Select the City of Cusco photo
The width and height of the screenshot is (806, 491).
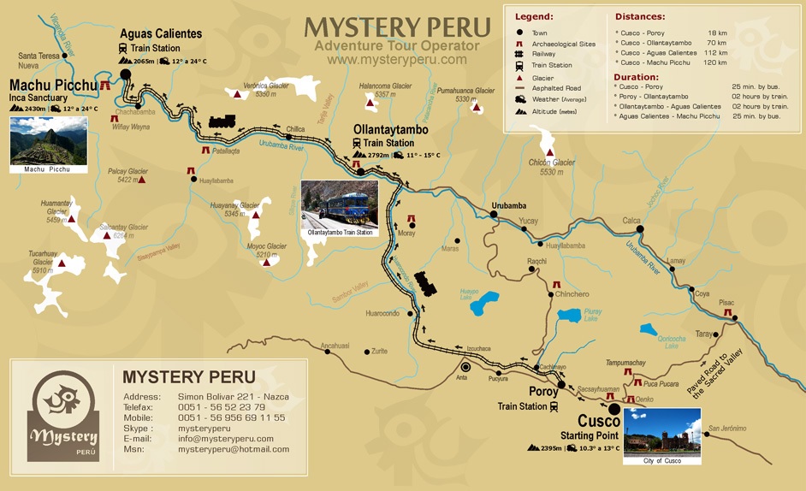[661, 431]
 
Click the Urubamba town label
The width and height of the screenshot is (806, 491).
[509, 205]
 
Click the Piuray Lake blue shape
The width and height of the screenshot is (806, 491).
[571, 315]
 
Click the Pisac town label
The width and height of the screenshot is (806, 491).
[726, 303]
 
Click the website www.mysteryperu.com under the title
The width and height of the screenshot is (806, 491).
[397, 60]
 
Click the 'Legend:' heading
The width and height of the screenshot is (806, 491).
[535, 16]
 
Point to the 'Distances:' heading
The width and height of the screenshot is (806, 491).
[641, 16]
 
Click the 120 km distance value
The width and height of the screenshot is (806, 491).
[715, 62]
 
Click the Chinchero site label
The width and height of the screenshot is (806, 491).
[572, 294]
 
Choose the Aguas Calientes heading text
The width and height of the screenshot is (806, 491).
[161, 33]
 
